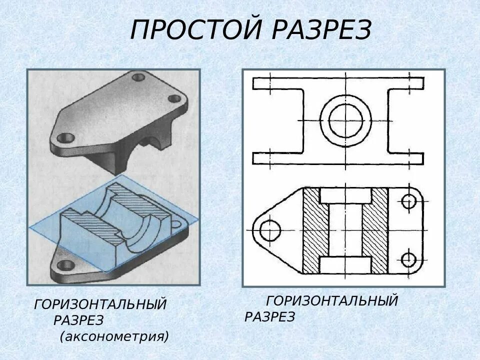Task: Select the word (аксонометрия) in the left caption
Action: [114, 335]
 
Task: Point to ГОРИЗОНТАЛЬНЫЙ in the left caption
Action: [100, 304]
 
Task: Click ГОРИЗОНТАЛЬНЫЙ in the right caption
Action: [332, 301]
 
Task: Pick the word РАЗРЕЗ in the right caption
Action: [270, 316]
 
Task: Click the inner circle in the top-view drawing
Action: [345, 120]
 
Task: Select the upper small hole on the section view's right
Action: [409, 201]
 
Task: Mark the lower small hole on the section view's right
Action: [409, 259]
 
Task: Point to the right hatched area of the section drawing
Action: [375, 230]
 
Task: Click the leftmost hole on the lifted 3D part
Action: [65, 137]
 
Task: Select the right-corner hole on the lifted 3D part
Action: [174, 99]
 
